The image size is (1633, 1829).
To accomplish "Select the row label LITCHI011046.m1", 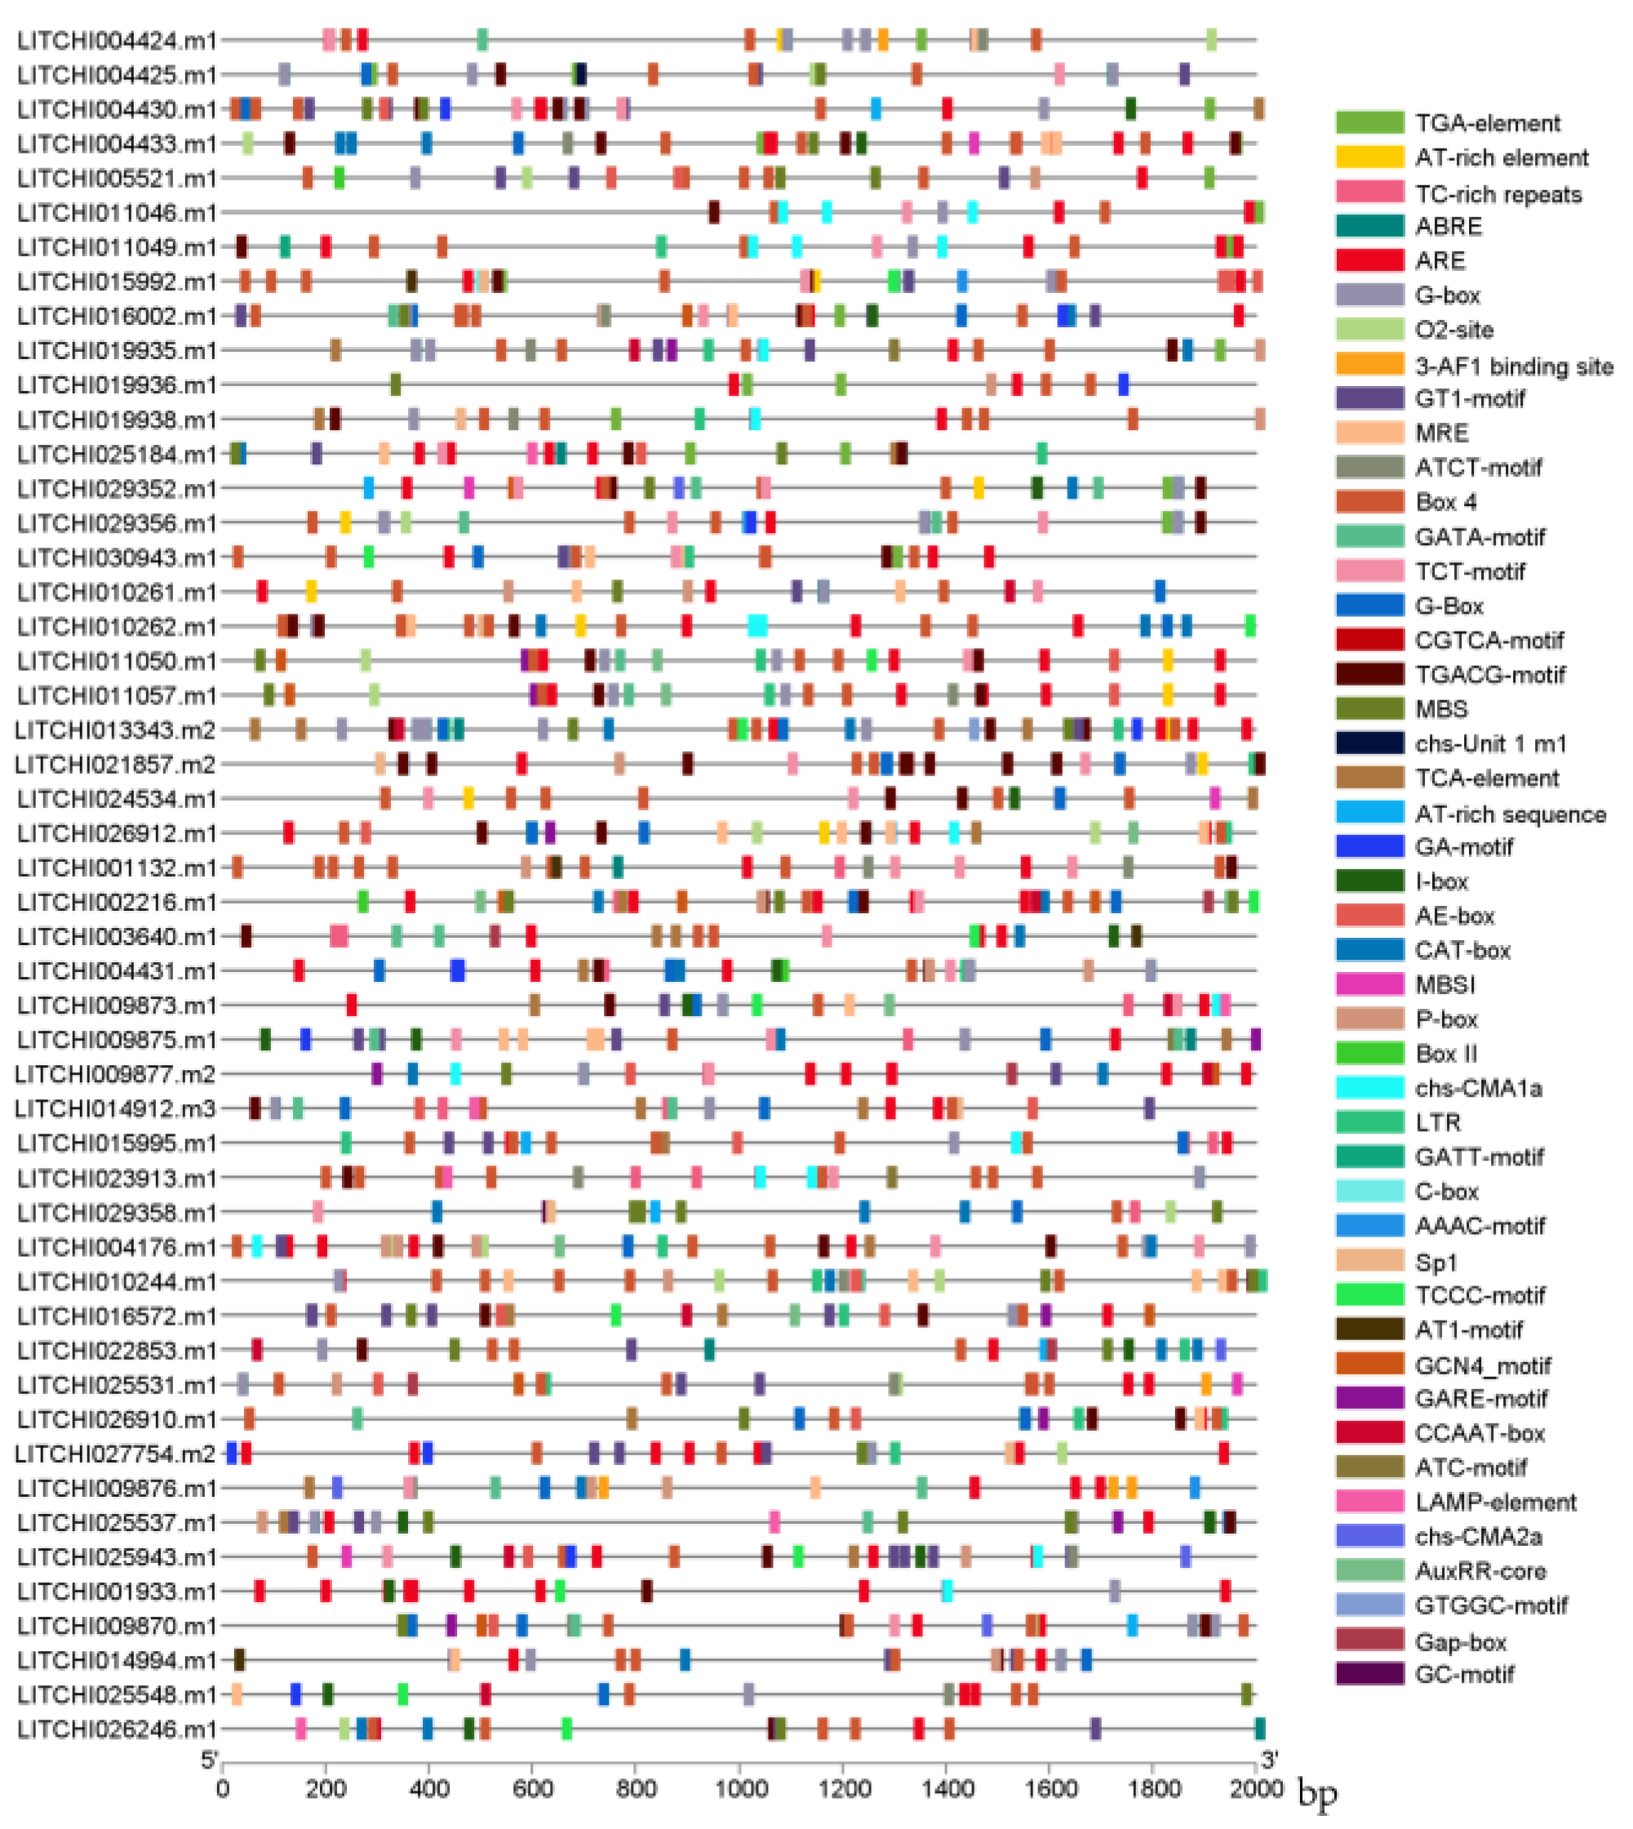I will pos(117,214).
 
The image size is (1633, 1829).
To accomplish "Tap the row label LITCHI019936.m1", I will pos(117,386).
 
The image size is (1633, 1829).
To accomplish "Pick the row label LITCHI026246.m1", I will pos(117,1729).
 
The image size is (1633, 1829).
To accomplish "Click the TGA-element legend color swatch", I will pos(1369,123).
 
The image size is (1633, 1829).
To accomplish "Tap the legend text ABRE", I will pos(1449,226).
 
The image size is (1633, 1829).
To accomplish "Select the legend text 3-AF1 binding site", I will pos(1514,366).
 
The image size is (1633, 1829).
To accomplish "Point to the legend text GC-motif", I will pos(1464,1674).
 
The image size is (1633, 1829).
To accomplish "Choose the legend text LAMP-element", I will pos(1495,1503).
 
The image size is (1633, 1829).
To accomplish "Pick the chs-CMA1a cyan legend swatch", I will pos(1369,1088).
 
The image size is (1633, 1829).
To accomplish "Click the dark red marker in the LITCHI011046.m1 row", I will pos(714,213).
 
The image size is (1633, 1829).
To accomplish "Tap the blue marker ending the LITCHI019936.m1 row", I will pos(1122,385).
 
